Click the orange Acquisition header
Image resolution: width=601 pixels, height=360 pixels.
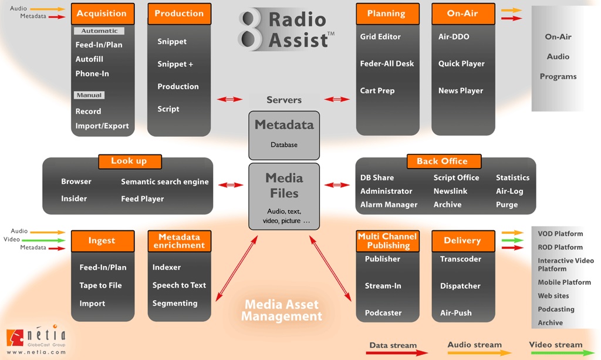tap(102, 14)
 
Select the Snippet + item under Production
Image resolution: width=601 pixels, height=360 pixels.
tap(175, 64)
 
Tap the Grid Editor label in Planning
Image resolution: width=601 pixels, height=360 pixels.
tap(380, 36)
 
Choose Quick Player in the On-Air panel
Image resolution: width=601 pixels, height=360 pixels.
tap(461, 63)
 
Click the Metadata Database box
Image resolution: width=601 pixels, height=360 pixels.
tap(284, 134)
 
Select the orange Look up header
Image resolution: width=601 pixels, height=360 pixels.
tap(129, 161)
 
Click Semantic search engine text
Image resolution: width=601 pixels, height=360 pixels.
tap(165, 182)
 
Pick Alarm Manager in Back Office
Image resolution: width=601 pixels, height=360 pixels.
tap(389, 204)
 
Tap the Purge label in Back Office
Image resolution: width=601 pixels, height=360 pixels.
tap(507, 204)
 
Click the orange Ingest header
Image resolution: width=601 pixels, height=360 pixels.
tap(102, 241)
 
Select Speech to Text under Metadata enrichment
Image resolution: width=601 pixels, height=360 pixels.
tap(179, 285)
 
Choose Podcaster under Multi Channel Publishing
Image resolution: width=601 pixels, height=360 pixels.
tap(383, 313)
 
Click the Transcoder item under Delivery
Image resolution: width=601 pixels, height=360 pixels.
tap(461, 259)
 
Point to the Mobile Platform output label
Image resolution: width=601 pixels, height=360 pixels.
tap(564, 282)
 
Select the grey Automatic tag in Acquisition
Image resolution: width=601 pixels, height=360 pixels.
tap(99, 31)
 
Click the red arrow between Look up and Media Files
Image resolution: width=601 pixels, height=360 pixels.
tap(231, 185)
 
